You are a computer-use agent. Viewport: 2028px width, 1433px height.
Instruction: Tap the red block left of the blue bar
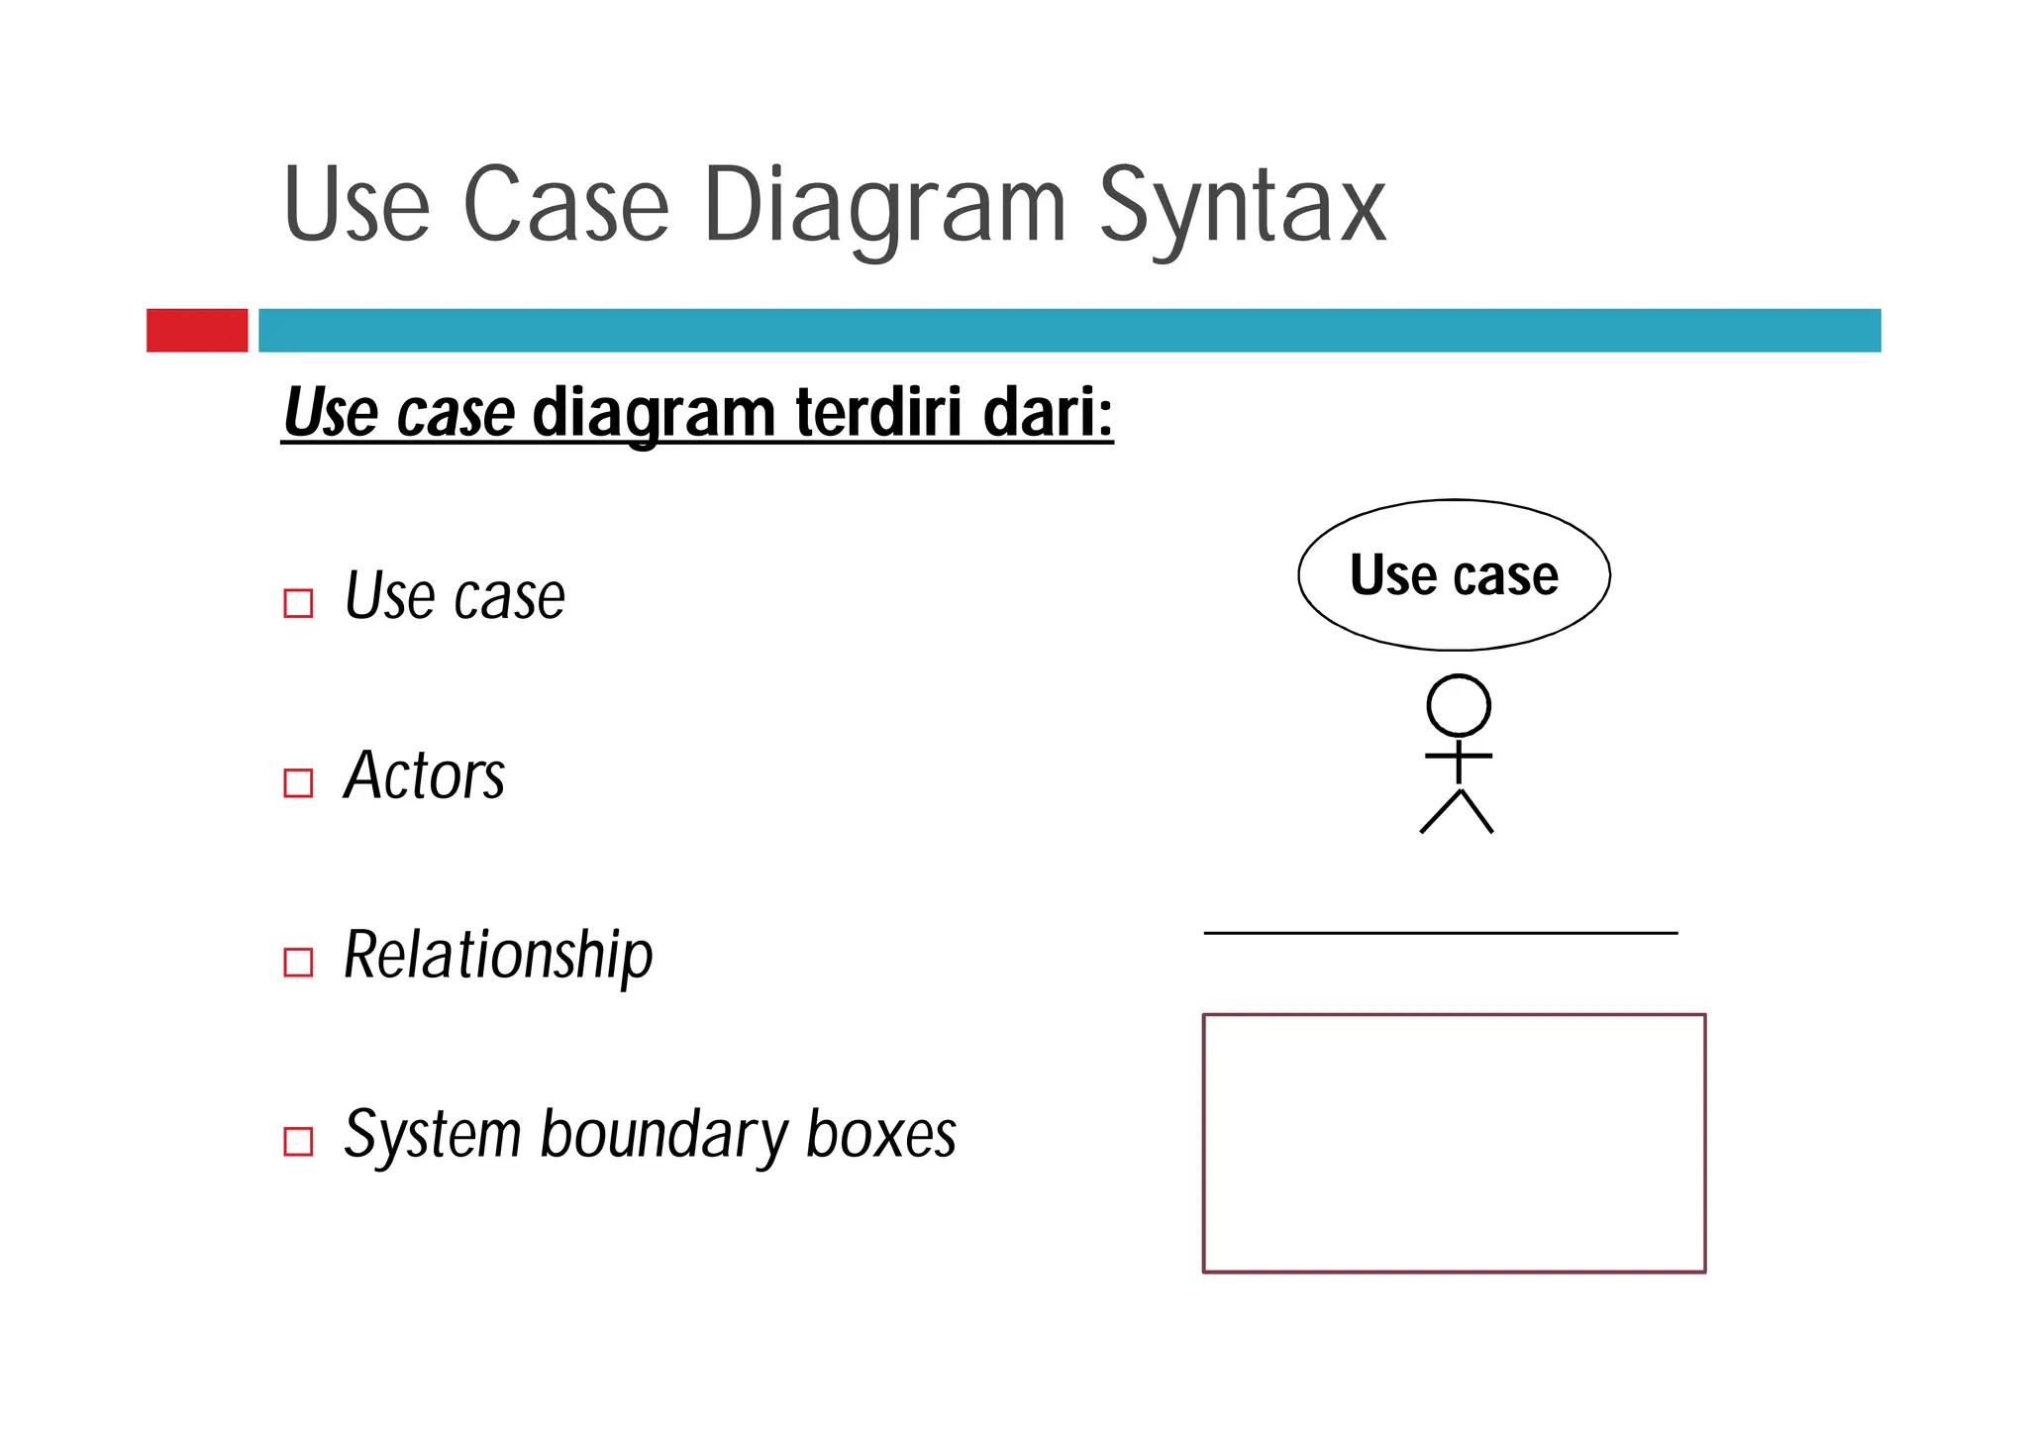click(197, 330)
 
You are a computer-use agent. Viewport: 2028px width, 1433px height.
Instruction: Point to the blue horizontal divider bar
click(1069, 330)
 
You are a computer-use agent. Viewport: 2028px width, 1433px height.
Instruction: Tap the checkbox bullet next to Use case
click(298, 603)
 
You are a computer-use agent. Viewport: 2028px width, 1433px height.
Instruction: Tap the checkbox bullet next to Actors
click(298, 782)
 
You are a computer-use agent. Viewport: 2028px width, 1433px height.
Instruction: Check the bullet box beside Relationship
click(298, 962)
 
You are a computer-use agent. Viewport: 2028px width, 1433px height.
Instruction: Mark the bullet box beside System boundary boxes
click(298, 1141)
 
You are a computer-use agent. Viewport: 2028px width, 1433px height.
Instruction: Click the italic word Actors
click(424, 775)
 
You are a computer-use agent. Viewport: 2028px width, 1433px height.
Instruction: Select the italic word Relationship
click(498, 955)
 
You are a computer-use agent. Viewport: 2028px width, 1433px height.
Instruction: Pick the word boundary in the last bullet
click(663, 1134)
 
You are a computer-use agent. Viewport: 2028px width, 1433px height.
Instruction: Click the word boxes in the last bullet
click(880, 1134)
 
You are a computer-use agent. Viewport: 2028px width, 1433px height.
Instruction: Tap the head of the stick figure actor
click(1458, 706)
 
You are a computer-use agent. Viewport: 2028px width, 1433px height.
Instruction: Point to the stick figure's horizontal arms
click(1458, 756)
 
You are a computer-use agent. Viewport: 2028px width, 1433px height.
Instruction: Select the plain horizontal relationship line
click(1441, 932)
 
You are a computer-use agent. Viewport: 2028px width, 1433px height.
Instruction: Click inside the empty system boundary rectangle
click(1454, 1143)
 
